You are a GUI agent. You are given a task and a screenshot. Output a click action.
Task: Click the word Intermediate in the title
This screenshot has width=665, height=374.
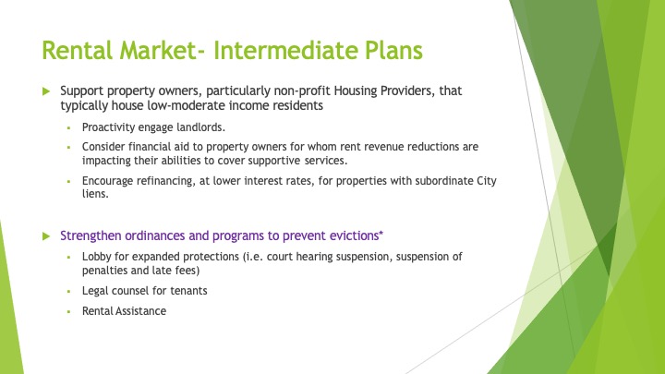(x=285, y=50)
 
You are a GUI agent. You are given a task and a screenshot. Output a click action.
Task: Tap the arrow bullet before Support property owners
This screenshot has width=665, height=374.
(x=46, y=91)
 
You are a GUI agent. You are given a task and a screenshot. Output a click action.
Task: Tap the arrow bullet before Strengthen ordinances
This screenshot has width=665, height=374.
(x=46, y=236)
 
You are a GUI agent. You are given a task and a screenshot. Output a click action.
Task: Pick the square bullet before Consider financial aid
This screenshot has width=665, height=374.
(x=68, y=147)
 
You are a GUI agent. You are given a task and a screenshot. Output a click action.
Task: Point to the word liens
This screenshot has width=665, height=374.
(x=95, y=194)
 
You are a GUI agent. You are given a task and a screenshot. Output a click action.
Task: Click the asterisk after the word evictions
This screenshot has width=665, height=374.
(x=381, y=234)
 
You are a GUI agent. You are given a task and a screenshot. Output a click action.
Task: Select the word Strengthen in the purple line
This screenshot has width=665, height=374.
(x=91, y=235)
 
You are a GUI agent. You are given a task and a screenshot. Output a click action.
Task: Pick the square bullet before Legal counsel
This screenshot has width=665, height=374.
(x=68, y=291)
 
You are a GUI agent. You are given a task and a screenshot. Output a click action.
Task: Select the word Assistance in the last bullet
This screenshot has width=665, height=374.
(x=141, y=311)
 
